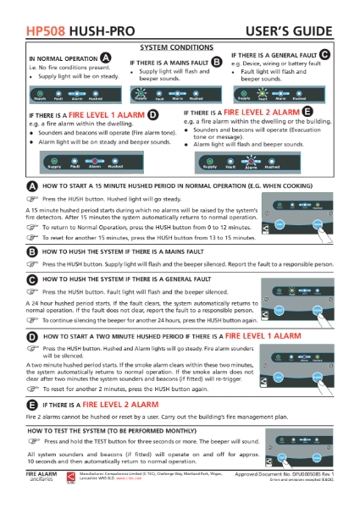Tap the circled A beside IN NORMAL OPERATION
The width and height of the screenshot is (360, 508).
tap(106, 58)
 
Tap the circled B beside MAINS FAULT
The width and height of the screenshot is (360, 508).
tap(216, 62)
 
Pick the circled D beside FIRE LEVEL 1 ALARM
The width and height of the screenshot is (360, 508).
tap(152, 113)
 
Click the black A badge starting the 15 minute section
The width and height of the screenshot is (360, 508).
tap(31, 185)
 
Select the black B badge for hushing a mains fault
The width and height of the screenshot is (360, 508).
tap(31, 252)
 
